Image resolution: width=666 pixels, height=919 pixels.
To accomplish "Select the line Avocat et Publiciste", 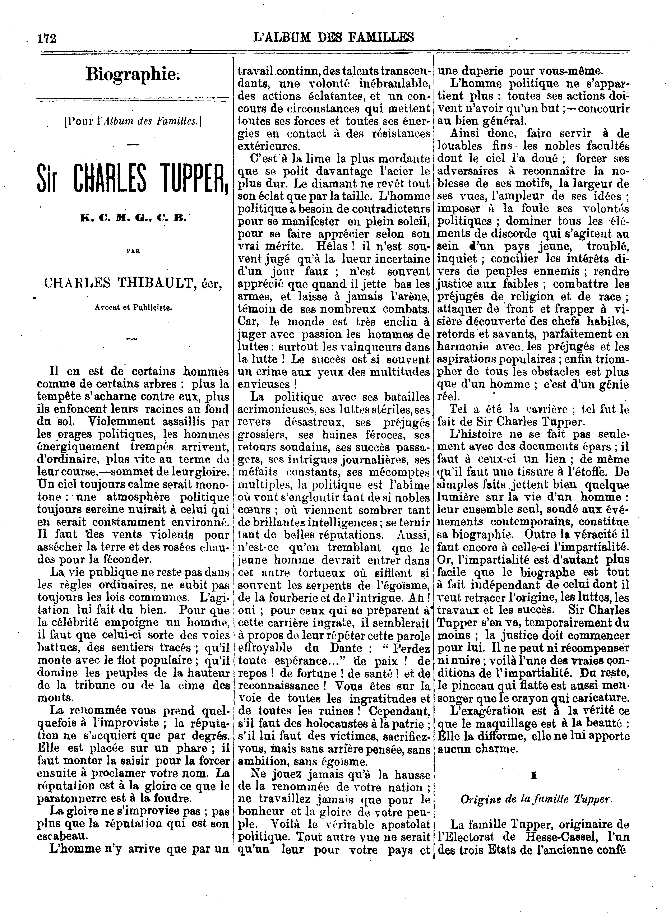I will coord(133,307).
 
